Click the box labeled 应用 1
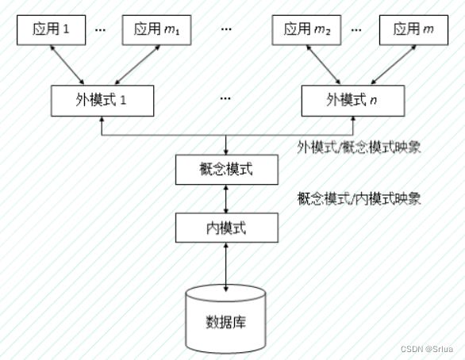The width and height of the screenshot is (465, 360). pyautogui.click(x=52, y=30)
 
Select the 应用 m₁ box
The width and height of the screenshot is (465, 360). pyautogui.click(x=156, y=30)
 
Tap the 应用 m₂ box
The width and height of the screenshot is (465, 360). pyautogui.click(x=306, y=30)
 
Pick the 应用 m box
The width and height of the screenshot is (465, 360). pyautogui.click(x=413, y=30)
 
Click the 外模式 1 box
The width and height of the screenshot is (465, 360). pyautogui.click(x=102, y=101)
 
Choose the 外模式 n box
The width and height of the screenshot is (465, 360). pyautogui.click(x=353, y=101)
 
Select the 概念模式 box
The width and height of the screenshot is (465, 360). pyautogui.click(x=227, y=170)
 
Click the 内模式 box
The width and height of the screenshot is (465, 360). pyautogui.click(x=227, y=228)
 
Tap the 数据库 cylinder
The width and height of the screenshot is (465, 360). pyautogui.click(x=225, y=320)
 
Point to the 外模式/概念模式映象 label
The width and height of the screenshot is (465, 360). pyautogui.click(x=359, y=147)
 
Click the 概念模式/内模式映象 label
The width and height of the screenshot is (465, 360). pyautogui.click(x=359, y=198)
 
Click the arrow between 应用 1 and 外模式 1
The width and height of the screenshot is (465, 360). pyautogui.click(x=67, y=65)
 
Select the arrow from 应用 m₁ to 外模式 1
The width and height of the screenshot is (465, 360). pyautogui.click(x=137, y=65)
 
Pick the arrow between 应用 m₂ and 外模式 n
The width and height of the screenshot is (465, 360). pyautogui.click(x=323, y=65)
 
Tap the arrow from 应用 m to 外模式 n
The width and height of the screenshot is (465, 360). pyautogui.click(x=394, y=65)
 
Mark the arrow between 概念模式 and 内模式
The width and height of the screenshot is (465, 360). pyautogui.click(x=226, y=199)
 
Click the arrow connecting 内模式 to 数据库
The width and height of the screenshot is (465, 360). pyautogui.click(x=226, y=267)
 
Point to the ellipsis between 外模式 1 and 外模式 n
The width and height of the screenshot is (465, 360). pyautogui.click(x=225, y=98)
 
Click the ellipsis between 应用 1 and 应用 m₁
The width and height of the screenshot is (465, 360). pyautogui.click(x=100, y=29)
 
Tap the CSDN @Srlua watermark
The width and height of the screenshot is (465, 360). pyautogui.click(x=427, y=349)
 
